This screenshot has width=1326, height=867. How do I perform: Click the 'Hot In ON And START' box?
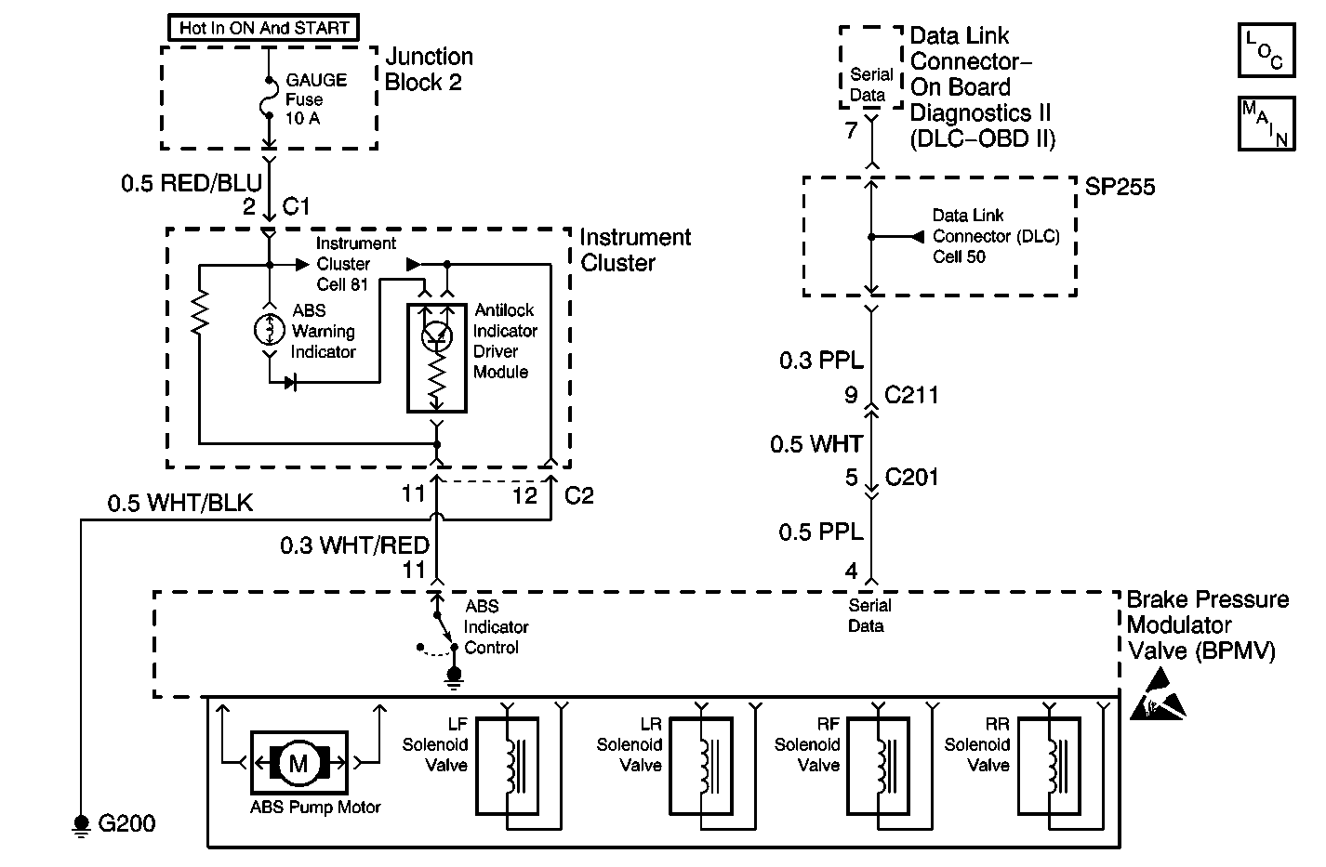click(262, 28)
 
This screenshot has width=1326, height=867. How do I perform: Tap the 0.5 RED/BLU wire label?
click(192, 182)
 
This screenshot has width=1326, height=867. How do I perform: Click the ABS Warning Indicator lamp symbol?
click(270, 329)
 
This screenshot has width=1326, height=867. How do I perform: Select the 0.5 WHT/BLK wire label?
click(180, 504)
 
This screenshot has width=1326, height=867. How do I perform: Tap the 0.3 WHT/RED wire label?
click(354, 545)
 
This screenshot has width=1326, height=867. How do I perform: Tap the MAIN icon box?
click(1266, 123)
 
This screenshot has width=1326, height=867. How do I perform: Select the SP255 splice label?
click(1120, 187)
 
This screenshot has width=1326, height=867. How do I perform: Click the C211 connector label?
click(911, 396)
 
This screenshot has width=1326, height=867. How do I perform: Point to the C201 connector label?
click(911, 478)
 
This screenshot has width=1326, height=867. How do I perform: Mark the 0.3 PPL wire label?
click(821, 361)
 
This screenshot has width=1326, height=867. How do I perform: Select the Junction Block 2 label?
click(429, 70)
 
